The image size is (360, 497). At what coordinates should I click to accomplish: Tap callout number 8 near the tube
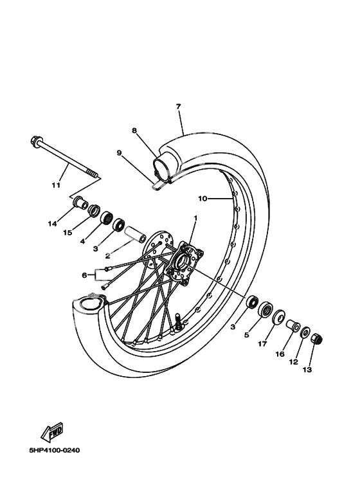[x=134, y=131]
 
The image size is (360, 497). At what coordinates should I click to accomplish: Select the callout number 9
[x=119, y=153]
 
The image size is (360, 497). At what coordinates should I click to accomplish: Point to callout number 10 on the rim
[x=203, y=199]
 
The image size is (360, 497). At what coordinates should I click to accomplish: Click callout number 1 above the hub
[x=195, y=218]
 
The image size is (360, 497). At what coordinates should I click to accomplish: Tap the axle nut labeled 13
[x=317, y=338]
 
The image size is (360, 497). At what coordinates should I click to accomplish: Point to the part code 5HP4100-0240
[x=54, y=450]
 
